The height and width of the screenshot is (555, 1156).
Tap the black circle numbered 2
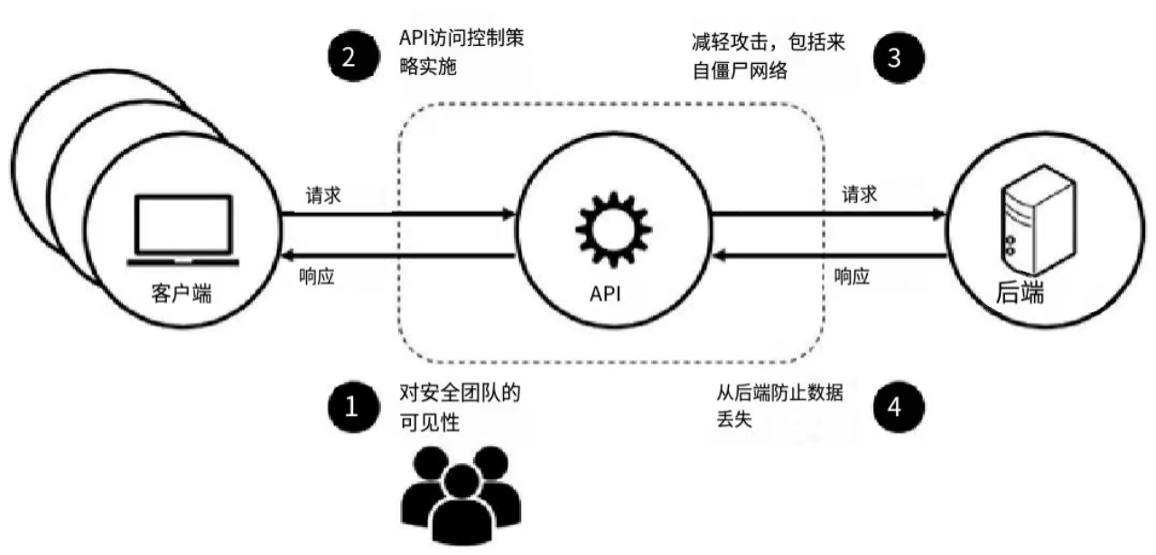pos(351,57)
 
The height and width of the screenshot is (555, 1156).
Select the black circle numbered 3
pos(895,57)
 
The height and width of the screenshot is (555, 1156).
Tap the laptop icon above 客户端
pos(183,229)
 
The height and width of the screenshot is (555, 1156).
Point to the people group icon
pos(460,496)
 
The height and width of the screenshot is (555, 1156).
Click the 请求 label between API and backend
pos(859,195)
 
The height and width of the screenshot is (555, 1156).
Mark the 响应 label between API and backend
pos(853,277)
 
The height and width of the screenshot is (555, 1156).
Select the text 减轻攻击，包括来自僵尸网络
pos(763,56)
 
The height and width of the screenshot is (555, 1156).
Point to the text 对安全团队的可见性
pos(461,408)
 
